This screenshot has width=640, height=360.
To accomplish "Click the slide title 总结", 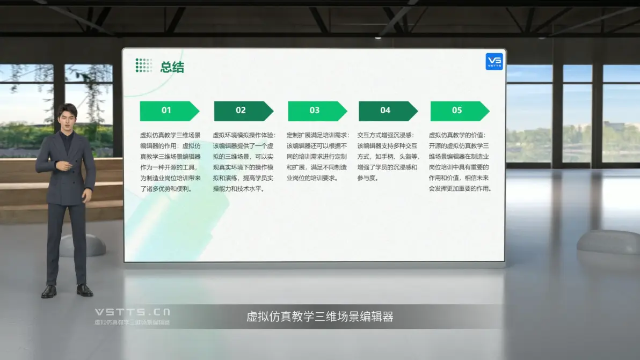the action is coord(172,67).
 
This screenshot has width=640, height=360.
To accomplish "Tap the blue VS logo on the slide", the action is coord(494,62).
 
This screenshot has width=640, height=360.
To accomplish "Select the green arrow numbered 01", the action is coord(169,111).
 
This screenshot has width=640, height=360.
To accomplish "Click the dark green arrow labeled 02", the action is coord(244,111).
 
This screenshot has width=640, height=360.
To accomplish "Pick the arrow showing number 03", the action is coord(317,111).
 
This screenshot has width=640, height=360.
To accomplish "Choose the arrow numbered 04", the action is coord(388,111).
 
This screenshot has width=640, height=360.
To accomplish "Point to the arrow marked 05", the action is coord(460,111).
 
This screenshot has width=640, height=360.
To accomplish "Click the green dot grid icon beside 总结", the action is coord(144,65).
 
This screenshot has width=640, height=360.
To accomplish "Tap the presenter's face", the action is coord(67,117).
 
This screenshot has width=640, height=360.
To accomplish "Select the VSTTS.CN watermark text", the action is coord(133,312).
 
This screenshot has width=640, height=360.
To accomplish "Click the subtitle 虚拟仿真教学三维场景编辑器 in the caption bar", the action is coord(319,317).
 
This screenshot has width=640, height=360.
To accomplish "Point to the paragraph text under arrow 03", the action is coord(317,157).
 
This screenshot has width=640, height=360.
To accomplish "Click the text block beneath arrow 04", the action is coord(388,157).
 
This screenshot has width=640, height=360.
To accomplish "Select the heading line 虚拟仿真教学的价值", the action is coord(457,135).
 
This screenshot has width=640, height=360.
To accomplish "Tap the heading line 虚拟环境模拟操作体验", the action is coord(244,135).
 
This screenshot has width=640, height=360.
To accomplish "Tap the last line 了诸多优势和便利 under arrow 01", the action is coord(166,189).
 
